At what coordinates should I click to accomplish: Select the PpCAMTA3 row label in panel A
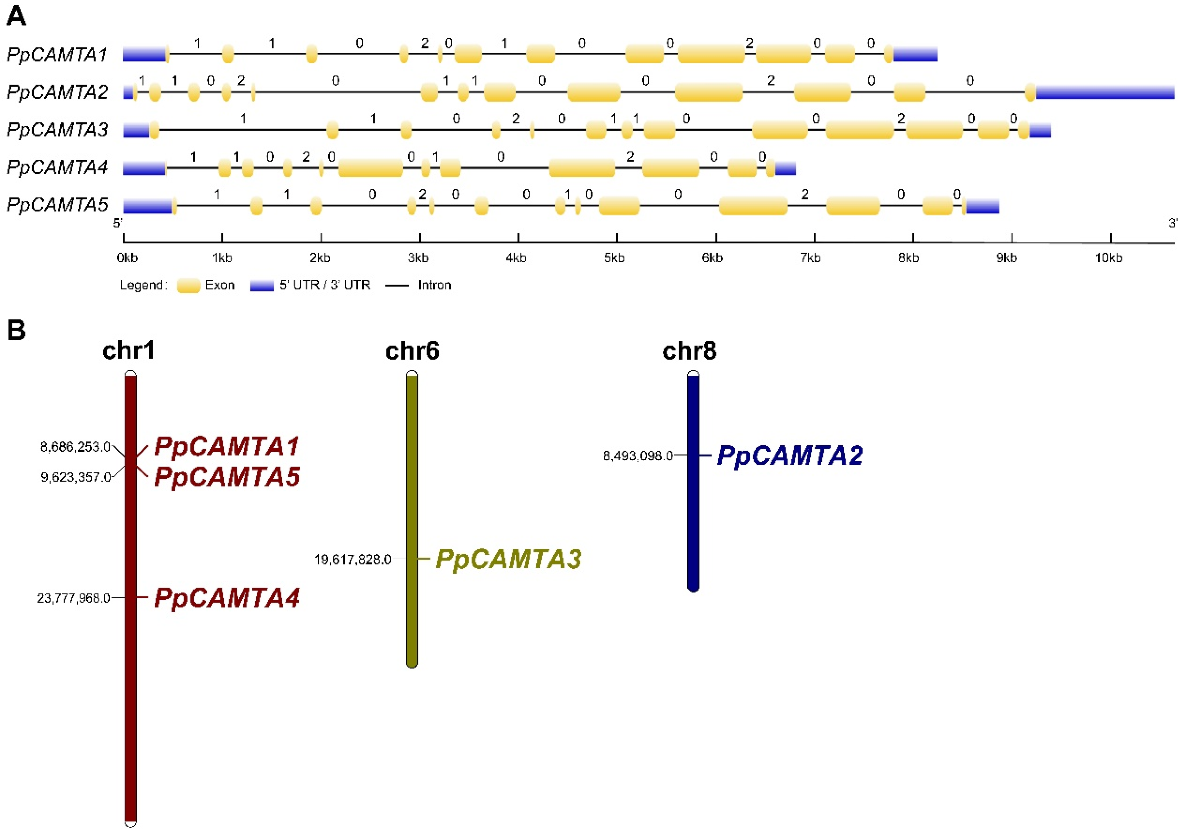[x=57, y=130]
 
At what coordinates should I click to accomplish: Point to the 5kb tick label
[x=614, y=257]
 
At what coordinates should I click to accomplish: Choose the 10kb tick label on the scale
[x=1108, y=257]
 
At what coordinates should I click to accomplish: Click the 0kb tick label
[x=127, y=257]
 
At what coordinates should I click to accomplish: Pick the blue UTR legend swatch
[x=262, y=286]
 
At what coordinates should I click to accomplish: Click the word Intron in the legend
[x=434, y=285]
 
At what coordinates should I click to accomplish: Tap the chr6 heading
[x=412, y=351]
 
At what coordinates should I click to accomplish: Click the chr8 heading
[x=689, y=351]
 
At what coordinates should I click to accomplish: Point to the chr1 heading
[x=129, y=351]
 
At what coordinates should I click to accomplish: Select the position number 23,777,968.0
[x=74, y=598]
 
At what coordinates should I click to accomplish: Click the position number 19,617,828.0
[x=353, y=559]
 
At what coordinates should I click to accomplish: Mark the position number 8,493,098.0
[x=638, y=456]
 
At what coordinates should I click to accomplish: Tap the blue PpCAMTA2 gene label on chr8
[x=790, y=456]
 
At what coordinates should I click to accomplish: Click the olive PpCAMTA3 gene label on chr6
[x=508, y=559]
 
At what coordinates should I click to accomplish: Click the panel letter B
[x=17, y=330]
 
